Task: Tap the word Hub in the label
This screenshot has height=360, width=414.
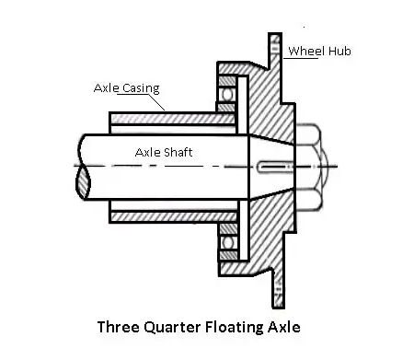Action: [x=339, y=51]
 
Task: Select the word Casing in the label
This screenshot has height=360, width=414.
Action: [x=141, y=88]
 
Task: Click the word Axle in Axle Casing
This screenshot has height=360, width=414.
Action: [x=107, y=87]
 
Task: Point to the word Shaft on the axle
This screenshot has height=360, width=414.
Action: [x=178, y=152]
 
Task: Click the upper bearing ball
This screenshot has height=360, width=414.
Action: [x=227, y=95]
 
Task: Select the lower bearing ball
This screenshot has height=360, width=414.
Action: [x=228, y=242]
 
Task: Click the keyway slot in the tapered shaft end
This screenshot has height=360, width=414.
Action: [x=274, y=167]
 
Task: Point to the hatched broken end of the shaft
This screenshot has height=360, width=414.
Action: [x=83, y=181]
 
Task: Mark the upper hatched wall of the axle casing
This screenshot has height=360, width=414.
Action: [x=172, y=119]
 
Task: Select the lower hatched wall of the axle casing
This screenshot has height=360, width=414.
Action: [x=174, y=217]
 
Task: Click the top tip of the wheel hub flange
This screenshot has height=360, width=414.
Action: [x=275, y=33]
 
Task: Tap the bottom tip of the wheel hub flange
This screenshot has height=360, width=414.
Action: [x=279, y=308]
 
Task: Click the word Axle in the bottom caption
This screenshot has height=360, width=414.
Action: [x=284, y=327]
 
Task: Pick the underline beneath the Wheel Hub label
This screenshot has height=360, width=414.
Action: [x=301, y=58]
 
